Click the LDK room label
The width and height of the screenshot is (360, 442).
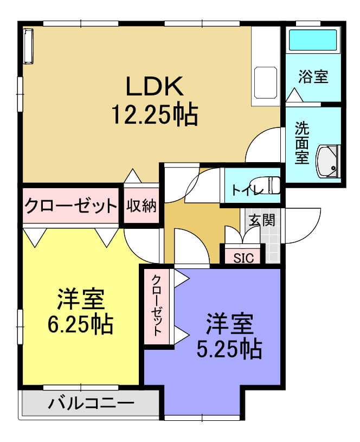click(154, 86)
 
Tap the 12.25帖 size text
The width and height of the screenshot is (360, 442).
click(155, 115)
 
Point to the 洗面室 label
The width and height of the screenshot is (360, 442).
click(302, 143)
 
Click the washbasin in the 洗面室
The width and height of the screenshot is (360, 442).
click(328, 162)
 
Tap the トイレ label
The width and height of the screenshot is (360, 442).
click(247, 190)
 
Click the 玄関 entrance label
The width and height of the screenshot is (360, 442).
click(262, 220)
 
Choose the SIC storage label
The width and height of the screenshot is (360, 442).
click(243, 258)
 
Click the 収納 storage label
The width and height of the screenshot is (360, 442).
click(141, 206)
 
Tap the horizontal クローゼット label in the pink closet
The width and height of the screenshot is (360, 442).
click(71, 206)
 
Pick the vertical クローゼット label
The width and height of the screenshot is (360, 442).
click(157, 305)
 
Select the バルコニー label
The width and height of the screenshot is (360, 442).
click(91, 403)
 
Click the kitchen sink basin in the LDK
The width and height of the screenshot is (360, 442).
click(266, 82)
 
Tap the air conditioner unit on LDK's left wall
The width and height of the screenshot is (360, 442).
click(28, 46)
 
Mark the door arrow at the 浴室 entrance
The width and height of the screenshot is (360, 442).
click(294, 95)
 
